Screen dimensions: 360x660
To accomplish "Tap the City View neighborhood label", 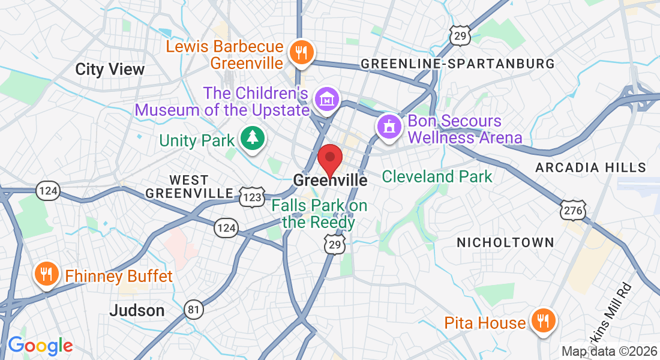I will pos(110,69).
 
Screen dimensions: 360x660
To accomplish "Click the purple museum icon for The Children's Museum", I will pos(328,99).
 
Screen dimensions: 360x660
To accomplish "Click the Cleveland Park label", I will pos(437,176).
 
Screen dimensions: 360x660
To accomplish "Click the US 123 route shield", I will pos(251,196).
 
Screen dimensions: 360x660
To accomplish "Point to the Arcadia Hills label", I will pos(590,167).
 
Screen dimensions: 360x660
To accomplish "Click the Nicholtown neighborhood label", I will pos(505,242).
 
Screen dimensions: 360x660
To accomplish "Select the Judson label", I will pos(137,310).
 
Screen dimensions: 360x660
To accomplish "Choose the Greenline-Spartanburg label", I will pos(457,64).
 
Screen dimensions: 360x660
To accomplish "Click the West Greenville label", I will pos(189,187).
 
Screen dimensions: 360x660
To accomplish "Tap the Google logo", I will pos(40,346).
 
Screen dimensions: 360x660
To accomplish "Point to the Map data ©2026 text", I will pos(609,352).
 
